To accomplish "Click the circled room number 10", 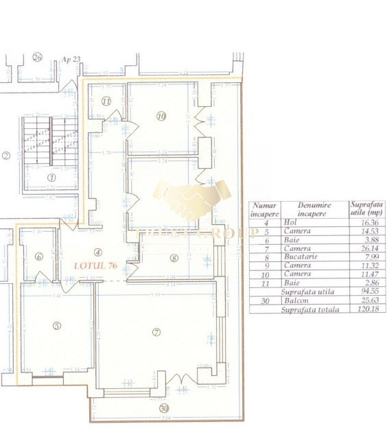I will coord(161,117).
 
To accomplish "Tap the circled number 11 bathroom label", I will coord(106,102).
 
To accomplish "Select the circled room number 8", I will coord(174,258).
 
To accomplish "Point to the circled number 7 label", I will coord(156,332).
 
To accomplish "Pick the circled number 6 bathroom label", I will coord(38,257).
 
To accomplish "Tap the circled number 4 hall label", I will coord(98,252).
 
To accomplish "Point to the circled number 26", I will coord(37,58).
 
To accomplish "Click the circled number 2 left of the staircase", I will coord(5,156).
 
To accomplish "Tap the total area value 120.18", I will coord(366,310).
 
